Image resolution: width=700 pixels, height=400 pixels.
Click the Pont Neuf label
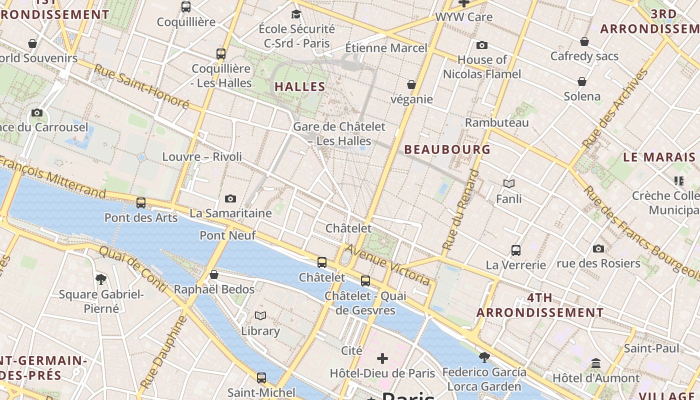tap(227, 235)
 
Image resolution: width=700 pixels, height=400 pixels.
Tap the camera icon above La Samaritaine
tap(230, 199)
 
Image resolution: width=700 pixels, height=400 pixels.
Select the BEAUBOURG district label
tap(447, 149)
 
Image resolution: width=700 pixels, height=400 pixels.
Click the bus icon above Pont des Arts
tap(141, 203)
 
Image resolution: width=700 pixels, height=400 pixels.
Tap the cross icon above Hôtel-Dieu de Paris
tap(382, 358)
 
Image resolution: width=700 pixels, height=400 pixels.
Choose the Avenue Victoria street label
tap(387, 264)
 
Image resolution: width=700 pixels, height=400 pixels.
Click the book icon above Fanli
tap(508, 184)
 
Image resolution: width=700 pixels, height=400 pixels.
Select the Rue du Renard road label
tap(459, 210)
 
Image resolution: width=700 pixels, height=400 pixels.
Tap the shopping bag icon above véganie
tap(411, 84)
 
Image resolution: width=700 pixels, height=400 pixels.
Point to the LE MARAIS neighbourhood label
tap(659, 157)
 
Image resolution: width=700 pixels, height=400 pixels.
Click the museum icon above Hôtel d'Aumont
tap(595, 363)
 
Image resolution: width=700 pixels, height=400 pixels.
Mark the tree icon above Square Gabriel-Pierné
tap(101, 279)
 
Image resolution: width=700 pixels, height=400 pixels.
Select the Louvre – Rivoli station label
tap(202, 156)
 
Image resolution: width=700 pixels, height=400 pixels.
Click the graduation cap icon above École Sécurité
tap(296, 14)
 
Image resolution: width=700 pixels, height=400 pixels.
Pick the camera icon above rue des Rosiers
tap(598, 248)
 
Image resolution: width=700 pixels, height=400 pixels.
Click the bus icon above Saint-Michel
tap(261, 378)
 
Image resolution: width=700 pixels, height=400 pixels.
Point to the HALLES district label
tap(300, 86)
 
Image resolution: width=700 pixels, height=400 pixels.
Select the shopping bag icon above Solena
tap(582, 81)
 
